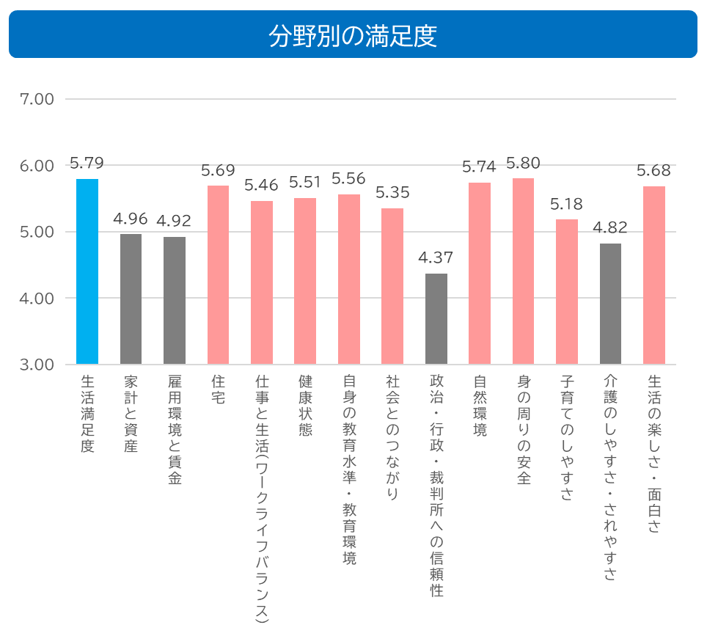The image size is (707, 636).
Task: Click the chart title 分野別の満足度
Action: point(353,35)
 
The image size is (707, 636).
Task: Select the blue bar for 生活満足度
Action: point(87,271)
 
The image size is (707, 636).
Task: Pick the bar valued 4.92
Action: point(175,301)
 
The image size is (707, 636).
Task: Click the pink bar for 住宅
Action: point(219,275)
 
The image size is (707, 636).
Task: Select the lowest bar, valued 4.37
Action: point(436,319)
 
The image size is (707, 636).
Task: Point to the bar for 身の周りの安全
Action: point(523,271)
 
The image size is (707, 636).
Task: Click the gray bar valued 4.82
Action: point(610,304)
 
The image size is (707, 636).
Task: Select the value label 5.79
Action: point(87,163)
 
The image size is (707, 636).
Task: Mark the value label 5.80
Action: point(523,163)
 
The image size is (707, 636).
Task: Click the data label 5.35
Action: point(392,193)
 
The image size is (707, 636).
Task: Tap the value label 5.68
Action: point(653,171)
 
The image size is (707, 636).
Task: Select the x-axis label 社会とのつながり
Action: point(392,437)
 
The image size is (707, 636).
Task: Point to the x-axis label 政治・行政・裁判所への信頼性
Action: point(436,485)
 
